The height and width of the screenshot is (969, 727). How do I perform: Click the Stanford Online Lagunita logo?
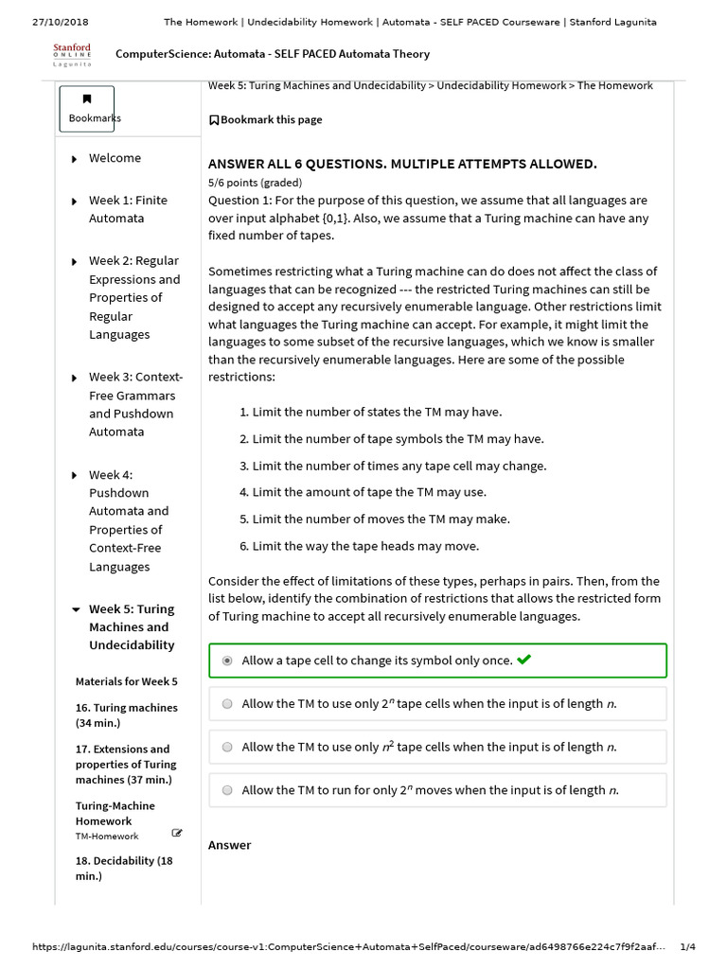(x=72, y=54)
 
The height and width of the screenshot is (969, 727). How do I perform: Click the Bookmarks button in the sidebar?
(x=87, y=109)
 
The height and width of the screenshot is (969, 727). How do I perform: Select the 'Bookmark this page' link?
(x=265, y=120)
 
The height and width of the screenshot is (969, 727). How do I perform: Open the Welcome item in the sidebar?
(x=115, y=158)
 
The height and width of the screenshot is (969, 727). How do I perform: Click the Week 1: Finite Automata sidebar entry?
(x=127, y=209)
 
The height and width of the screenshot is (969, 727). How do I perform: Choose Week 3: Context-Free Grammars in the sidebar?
(x=135, y=404)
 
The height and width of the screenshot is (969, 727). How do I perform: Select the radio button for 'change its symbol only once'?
(x=227, y=661)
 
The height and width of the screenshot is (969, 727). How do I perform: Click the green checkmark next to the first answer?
(x=524, y=660)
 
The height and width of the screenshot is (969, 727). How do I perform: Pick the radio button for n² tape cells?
(x=227, y=748)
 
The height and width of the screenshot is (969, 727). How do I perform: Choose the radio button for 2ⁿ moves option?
(x=227, y=790)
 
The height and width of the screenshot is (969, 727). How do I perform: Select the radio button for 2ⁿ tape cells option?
(x=227, y=704)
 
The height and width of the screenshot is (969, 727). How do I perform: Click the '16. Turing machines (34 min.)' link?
(x=126, y=715)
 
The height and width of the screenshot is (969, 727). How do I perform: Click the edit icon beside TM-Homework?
(x=177, y=833)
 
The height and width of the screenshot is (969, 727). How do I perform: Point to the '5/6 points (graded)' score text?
(x=255, y=183)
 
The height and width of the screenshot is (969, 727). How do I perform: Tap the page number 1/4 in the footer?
(x=687, y=947)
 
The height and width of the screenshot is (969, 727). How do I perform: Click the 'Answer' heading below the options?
(x=229, y=845)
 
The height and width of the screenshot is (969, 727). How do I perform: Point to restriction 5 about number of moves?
(x=374, y=520)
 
